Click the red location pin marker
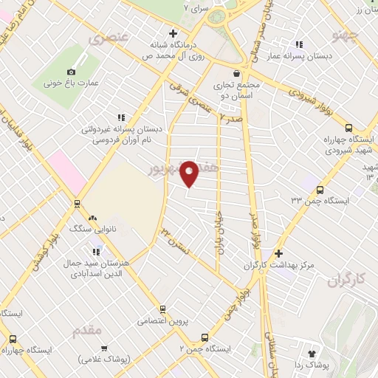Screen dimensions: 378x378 click(x=190, y=173)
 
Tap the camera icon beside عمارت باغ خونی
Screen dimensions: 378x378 click(x=71, y=72)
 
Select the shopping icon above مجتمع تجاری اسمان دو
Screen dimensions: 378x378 click(x=236, y=73)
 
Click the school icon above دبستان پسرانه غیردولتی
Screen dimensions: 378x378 click(x=122, y=117)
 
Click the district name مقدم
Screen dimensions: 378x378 click(x=87, y=330)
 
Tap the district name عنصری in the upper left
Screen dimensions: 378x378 click(x=109, y=37)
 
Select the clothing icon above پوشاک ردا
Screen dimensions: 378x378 click(x=311, y=354)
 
